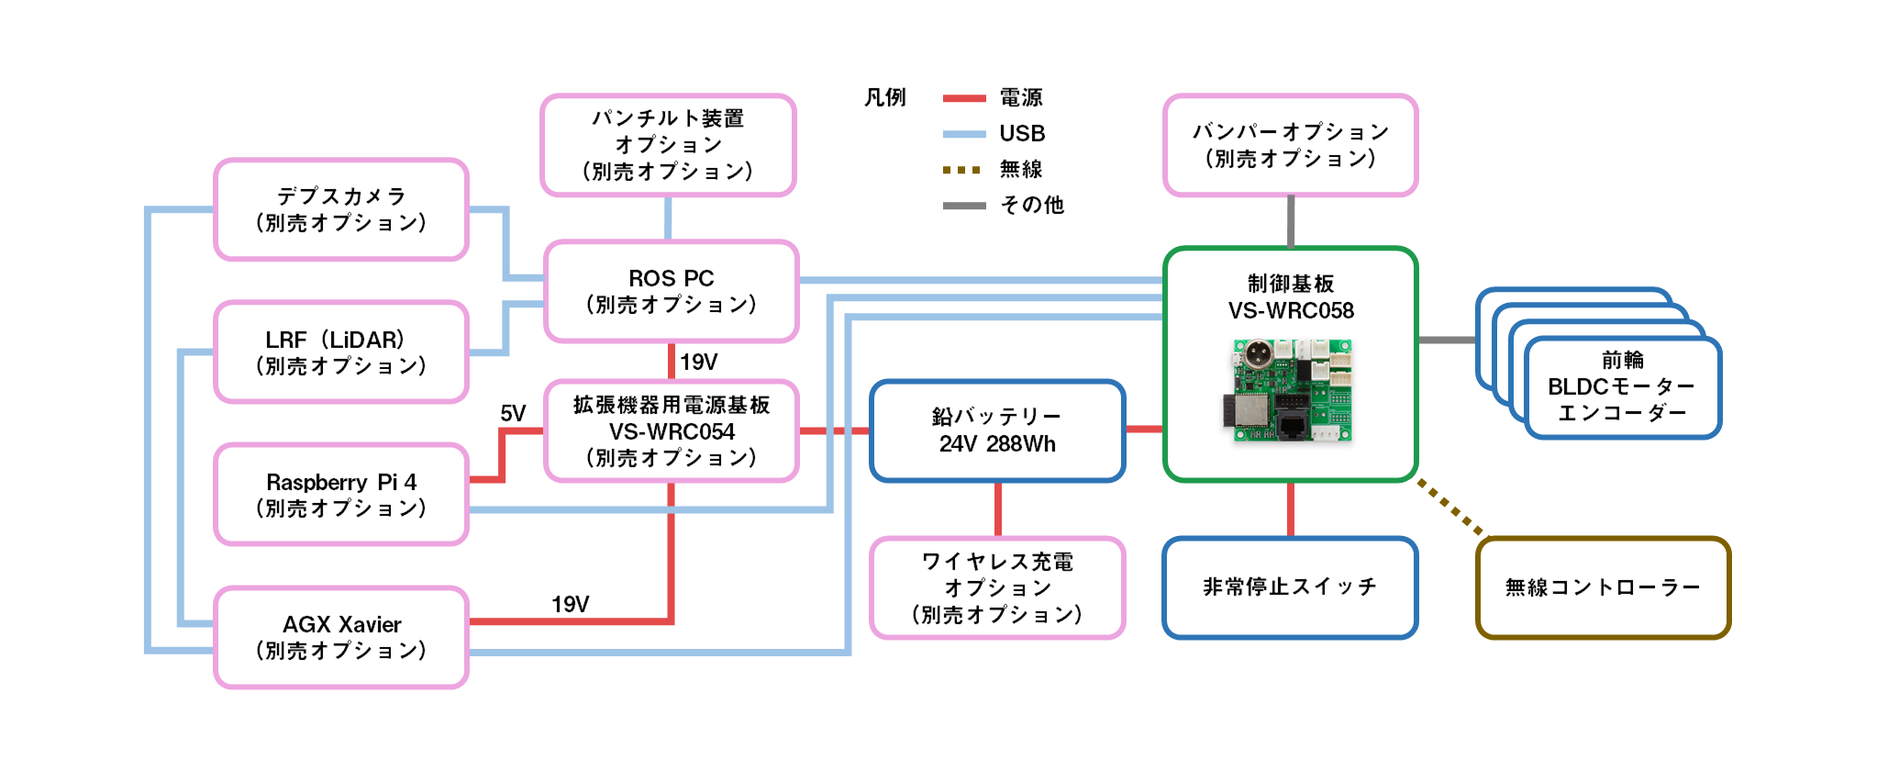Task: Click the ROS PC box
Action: (x=671, y=291)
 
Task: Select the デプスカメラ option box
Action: (x=341, y=209)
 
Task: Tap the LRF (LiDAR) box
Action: (x=341, y=352)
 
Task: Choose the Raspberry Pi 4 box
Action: (x=341, y=495)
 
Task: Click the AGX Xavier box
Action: (x=341, y=637)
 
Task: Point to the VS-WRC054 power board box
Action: (x=671, y=430)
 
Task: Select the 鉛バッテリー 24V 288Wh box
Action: (x=997, y=430)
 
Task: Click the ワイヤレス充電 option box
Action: (x=997, y=587)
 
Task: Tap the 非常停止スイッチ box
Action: (x=1290, y=587)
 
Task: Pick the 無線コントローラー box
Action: (x=1603, y=587)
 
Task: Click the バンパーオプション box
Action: (x=1290, y=145)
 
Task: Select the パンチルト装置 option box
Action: (x=668, y=145)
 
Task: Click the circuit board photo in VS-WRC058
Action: (x=1290, y=389)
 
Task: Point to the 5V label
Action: (x=513, y=414)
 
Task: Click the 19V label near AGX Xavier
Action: (x=570, y=604)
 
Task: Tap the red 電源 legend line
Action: (x=964, y=98)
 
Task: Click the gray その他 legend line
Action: (x=964, y=206)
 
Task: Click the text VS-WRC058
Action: (x=1290, y=311)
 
